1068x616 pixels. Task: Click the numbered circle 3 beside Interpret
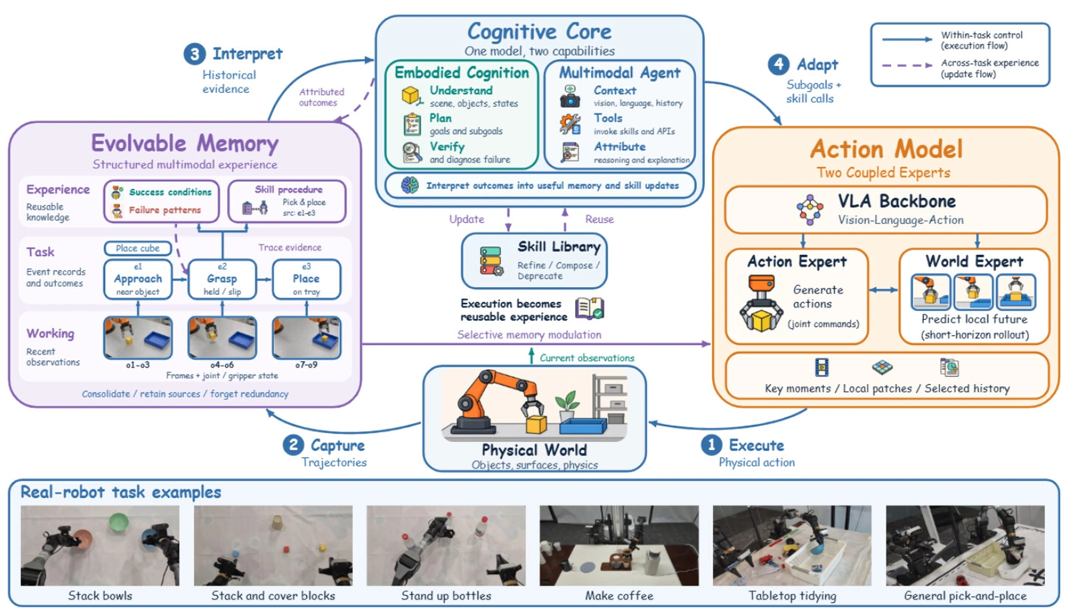click(x=194, y=54)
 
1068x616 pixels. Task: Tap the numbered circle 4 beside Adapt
click(x=779, y=64)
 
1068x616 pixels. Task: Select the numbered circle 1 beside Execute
click(x=711, y=445)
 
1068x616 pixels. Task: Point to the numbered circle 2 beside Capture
click(x=293, y=445)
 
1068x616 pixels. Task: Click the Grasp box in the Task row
click(x=222, y=279)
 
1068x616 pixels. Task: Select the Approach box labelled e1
click(x=138, y=279)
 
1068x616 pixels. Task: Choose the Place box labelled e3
click(x=306, y=279)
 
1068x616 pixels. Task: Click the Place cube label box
click(x=138, y=248)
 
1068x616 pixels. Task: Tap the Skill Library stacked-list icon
click(x=491, y=261)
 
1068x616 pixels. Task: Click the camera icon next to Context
click(x=569, y=96)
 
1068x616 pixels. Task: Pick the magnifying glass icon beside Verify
click(x=412, y=152)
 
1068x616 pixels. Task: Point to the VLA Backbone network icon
click(x=810, y=210)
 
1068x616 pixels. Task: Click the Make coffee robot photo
click(x=619, y=545)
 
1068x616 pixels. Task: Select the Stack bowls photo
click(x=100, y=545)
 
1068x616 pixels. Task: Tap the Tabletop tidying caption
click(x=792, y=596)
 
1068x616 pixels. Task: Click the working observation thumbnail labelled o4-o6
click(x=222, y=338)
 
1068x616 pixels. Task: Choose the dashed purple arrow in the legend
click(x=907, y=65)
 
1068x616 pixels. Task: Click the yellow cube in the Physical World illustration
click(x=536, y=424)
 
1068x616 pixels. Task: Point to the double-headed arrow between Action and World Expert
click(x=883, y=289)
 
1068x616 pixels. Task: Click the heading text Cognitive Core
click(x=539, y=31)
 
